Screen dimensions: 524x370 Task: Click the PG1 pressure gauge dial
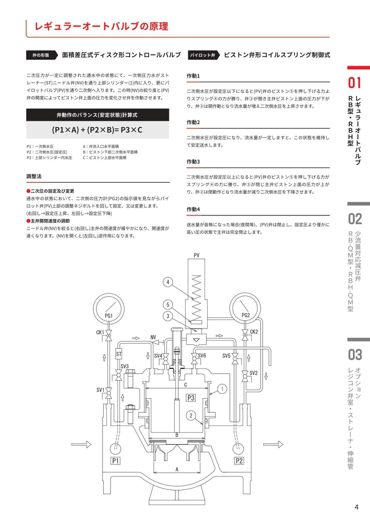[x=109, y=309]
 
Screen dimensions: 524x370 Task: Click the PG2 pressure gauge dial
[x=244, y=309]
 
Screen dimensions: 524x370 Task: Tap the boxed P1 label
[x=116, y=461]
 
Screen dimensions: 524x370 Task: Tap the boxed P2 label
[x=239, y=461]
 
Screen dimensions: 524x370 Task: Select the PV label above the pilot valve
[x=197, y=255]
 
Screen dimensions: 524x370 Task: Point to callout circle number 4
[x=167, y=282]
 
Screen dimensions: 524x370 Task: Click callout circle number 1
[x=221, y=389]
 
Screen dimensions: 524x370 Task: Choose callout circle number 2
[x=192, y=416]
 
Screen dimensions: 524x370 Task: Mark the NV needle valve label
[x=153, y=337]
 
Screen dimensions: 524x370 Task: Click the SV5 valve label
[x=226, y=356]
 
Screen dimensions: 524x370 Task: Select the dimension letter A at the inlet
[x=177, y=469]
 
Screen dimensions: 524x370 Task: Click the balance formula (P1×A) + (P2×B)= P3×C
[x=97, y=129]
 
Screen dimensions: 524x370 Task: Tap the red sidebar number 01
[x=355, y=83]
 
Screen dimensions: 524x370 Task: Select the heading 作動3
[x=194, y=162]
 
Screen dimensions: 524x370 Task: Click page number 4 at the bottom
[x=356, y=507]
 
